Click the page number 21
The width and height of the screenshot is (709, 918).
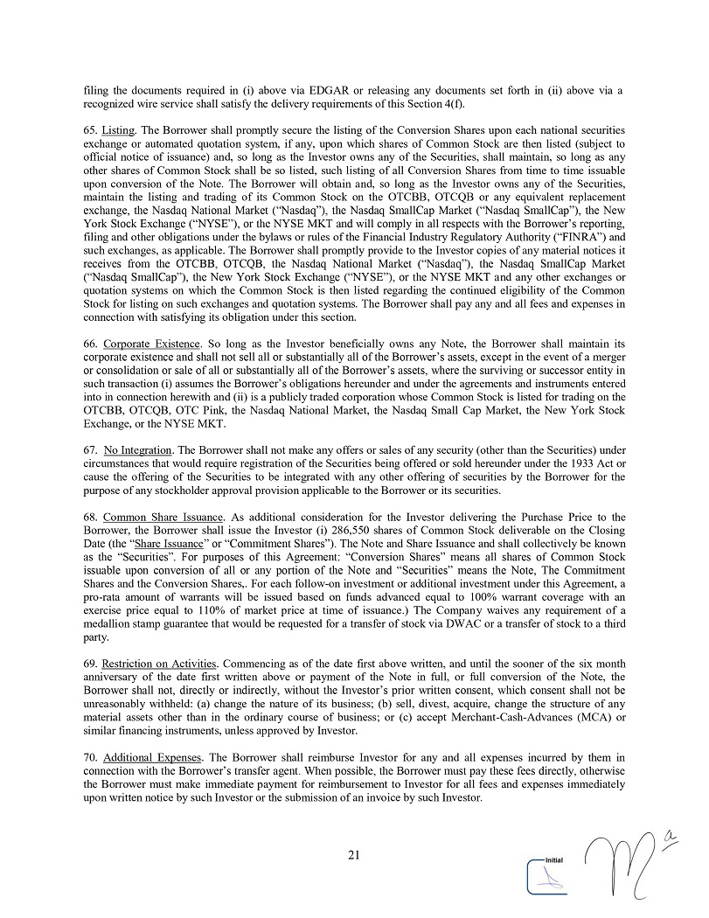point(354,855)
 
